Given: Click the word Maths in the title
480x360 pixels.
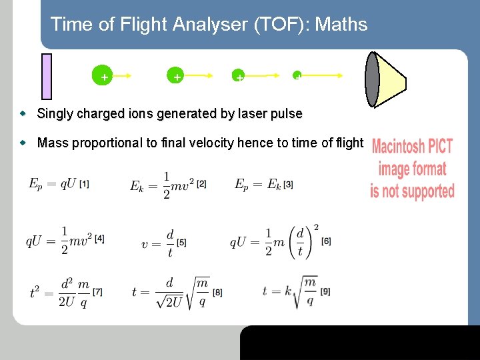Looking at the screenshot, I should pos(341,25).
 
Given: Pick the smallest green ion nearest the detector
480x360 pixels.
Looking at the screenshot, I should pos(297,75).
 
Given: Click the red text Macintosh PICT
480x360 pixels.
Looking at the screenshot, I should pos(412,146).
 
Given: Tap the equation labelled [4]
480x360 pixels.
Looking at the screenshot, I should pos(64,240).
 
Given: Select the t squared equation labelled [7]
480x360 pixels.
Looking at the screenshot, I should pos(65,292).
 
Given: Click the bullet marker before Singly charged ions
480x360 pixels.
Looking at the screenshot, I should pos(23,114).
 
